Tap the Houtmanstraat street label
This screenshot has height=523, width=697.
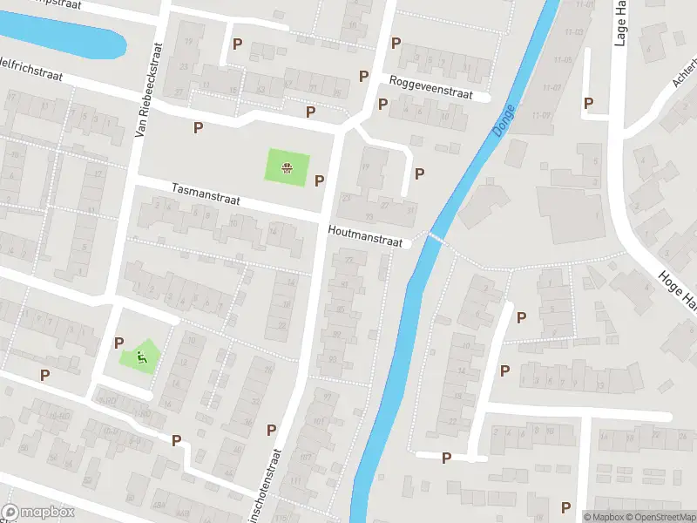pyautogui.click(x=365, y=237)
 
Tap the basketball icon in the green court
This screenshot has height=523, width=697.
pyautogui.click(x=287, y=167)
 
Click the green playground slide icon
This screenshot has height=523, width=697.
pyautogui.click(x=140, y=356)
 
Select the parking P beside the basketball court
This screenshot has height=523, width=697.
pyautogui.click(x=319, y=180)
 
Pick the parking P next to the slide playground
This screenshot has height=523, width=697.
pyautogui.click(x=118, y=343)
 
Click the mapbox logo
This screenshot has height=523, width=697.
pyautogui.click(x=37, y=513)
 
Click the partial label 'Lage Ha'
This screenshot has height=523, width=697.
pyautogui.click(x=620, y=24)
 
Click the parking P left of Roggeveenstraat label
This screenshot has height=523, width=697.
pyautogui.click(x=364, y=76)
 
